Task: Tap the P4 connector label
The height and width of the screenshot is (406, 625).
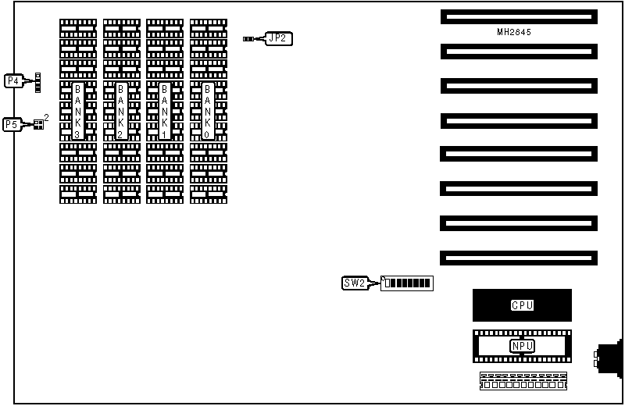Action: click(x=12, y=80)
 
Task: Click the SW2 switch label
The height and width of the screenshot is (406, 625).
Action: click(x=353, y=283)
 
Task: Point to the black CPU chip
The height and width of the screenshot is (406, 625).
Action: click(x=522, y=304)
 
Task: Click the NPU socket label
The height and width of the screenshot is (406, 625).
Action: click(x=521, y=346)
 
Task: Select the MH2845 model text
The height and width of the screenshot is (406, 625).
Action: click(x=518, y=33)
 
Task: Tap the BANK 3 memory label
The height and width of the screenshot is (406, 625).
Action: click(x=77, y=111)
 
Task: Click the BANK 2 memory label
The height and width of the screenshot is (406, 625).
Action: click(x=121, y=111)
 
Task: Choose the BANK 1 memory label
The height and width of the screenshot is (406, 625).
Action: click(x=165, y=111)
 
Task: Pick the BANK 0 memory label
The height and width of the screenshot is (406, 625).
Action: click(x=208, y=111)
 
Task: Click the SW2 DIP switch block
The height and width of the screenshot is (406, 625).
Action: click(x=407, y=283)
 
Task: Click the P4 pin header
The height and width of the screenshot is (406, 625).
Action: click(x=37, y=81)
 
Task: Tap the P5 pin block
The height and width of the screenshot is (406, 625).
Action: click(x=37, y=123)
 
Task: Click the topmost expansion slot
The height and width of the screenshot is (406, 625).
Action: click(x=518, y=16)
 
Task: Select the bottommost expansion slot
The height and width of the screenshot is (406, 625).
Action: click(x=518, y=258)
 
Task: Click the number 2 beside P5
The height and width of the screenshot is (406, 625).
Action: click(x=46, y=117)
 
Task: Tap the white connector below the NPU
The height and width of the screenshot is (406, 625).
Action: click(x=521, y=381)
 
